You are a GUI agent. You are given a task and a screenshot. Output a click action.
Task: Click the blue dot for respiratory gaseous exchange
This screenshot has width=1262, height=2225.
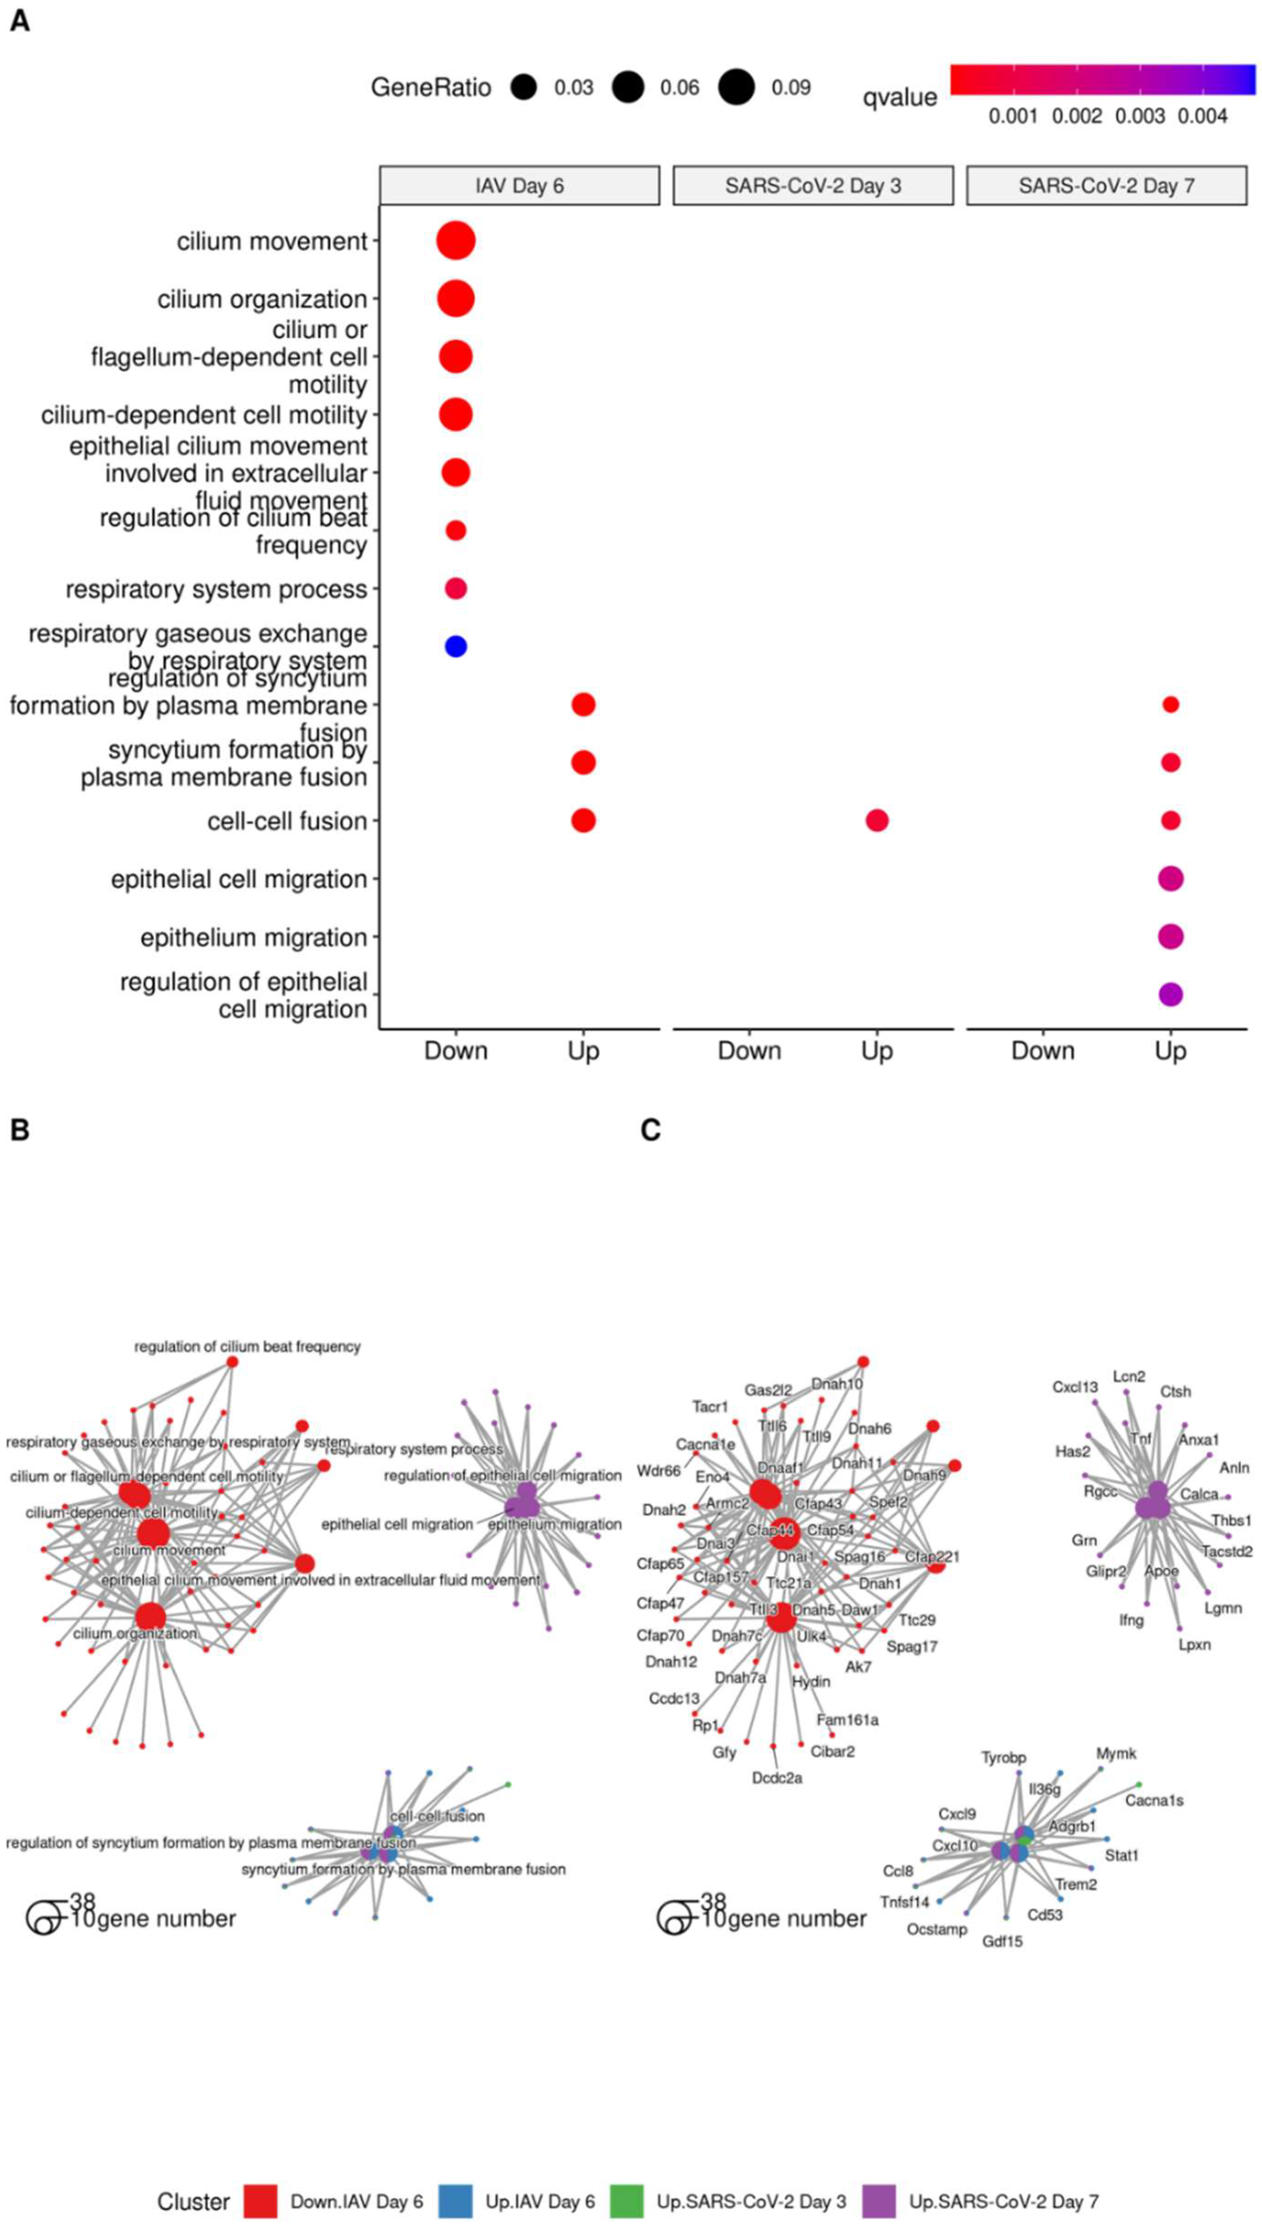(456, 646)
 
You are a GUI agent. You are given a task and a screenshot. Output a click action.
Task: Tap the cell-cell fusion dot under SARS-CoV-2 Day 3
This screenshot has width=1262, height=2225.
(877, 820)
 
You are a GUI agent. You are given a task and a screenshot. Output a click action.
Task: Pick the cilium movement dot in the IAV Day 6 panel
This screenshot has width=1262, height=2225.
(456, 241)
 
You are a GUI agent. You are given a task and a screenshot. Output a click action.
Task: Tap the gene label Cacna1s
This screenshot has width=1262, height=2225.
(1154, 1800)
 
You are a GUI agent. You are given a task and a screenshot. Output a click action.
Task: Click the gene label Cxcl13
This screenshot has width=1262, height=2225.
(1075, 1387)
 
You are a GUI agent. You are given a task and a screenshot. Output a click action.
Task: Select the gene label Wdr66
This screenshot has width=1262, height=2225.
(658, 1471)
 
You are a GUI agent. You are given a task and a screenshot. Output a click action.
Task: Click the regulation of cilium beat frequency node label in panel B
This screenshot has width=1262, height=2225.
(247, 1346)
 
